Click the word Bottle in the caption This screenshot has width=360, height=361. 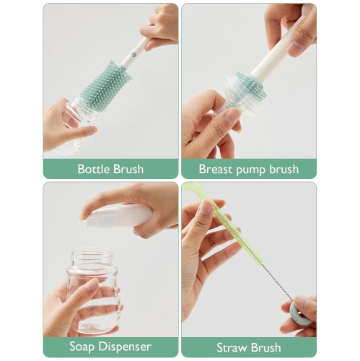point(95,170)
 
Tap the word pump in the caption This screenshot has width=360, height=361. point(254,170)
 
